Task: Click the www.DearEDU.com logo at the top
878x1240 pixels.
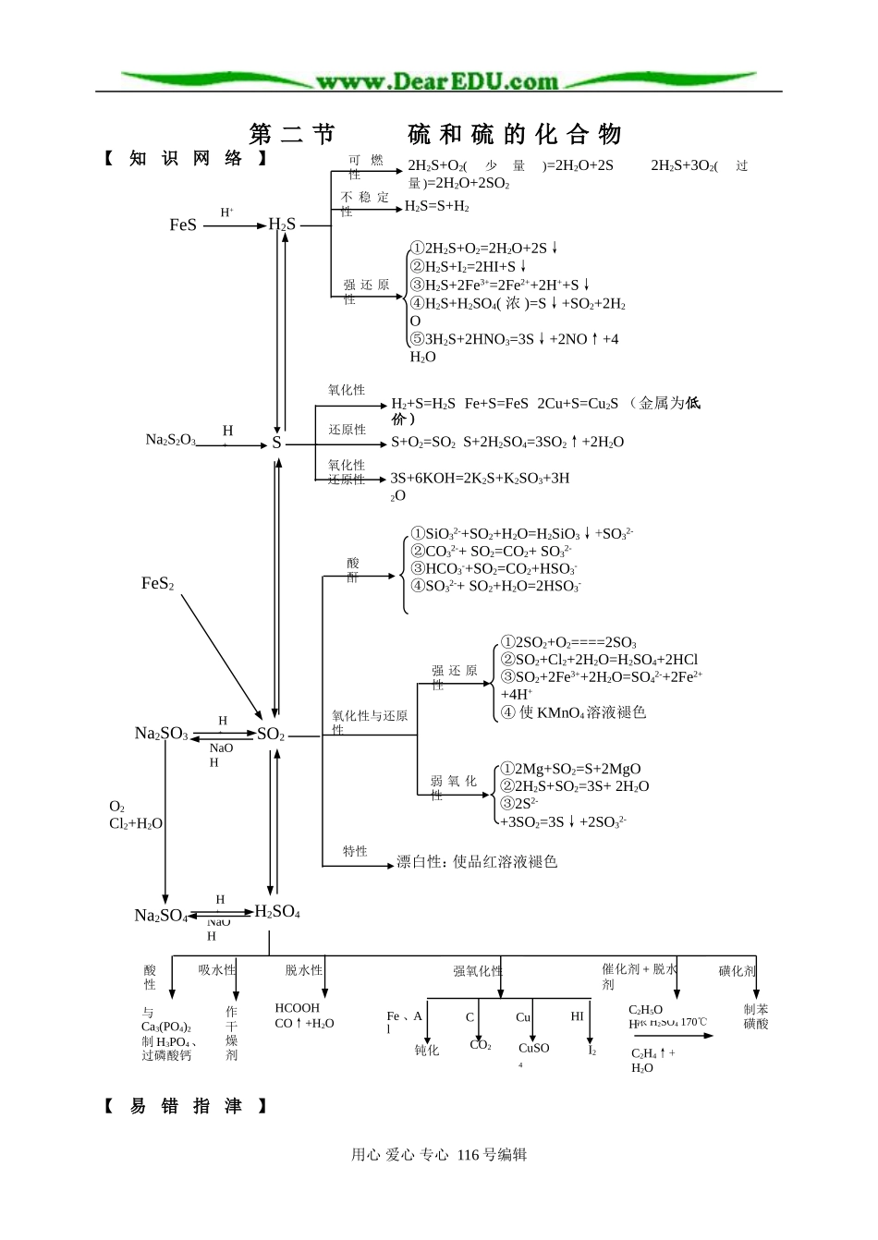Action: (x=437, y=81)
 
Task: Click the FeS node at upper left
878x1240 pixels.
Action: (x=183, y=225)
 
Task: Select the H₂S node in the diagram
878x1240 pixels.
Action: (x=282, y=224)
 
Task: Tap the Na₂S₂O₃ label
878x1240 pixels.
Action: (x=171, y=440)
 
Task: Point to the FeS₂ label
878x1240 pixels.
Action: (x=157, y=583)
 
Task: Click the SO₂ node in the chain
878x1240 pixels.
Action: (x=271, y=735)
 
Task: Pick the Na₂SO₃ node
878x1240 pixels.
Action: (x=161, y=734)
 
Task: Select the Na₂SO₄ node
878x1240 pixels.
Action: (x=161, y=916)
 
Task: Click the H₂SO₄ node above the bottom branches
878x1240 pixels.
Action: (x=277, y=912)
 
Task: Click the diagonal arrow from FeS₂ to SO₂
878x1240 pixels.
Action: (x=222, y=655)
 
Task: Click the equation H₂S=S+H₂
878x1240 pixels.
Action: (x=437, y=207)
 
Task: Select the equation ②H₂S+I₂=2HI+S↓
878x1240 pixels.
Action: (x=469, y=266)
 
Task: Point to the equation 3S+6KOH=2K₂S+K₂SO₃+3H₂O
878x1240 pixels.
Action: (x=480, y=479)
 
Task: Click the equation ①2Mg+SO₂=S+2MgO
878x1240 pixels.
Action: (x=570, y=769)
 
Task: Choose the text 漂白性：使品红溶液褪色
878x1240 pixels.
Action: (x=477, y=862)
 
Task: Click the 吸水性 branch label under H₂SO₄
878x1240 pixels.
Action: (x=217, y=970)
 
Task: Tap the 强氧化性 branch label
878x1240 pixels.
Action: (x=478, y=971)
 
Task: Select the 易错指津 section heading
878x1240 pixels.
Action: (x=186, y=1106)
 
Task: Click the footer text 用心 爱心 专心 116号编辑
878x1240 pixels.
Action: (x=439, y=1154)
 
